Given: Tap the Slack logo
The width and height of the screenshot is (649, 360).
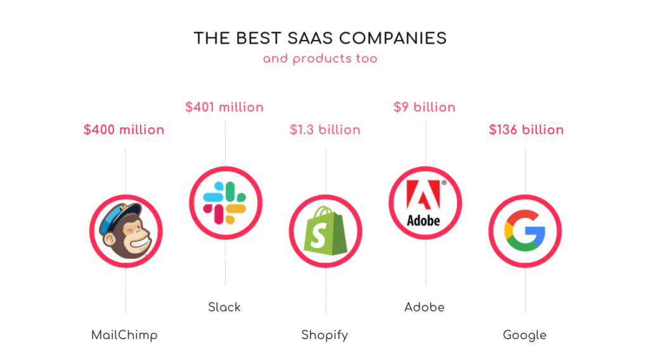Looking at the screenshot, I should [225, 202].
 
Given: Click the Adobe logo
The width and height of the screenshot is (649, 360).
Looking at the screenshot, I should [425, 203].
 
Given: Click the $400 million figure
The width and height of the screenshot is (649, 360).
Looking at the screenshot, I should [124, 130].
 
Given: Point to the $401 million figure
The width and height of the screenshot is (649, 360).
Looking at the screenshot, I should [224, 107].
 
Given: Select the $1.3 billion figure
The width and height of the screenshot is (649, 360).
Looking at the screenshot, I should [325, 130].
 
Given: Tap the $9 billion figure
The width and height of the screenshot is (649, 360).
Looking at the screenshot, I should [425, 107].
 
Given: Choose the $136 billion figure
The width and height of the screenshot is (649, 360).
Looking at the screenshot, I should [526, 130].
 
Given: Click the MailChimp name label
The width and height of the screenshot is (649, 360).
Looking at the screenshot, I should [124, 335].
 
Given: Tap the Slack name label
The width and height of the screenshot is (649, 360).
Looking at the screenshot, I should [224, 307].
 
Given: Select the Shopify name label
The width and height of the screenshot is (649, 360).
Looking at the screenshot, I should [324, 335].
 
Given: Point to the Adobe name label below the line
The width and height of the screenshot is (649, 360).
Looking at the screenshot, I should [425, 307].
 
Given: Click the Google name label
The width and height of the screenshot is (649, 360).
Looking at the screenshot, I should [525, 335].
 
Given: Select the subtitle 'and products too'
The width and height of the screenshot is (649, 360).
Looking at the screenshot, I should [320, 59].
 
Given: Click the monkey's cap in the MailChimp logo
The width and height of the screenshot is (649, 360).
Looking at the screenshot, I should [120, 213].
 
